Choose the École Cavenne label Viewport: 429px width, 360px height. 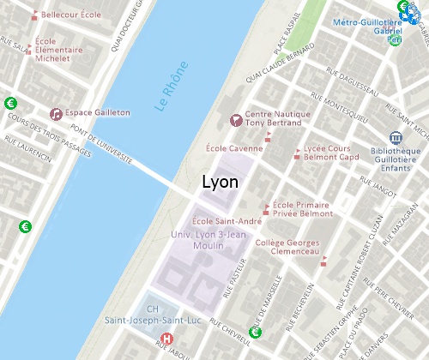(x=234, y=148)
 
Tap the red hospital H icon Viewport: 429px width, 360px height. (x=167, y=339)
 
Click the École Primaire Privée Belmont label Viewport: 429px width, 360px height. (x=303, y=210)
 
